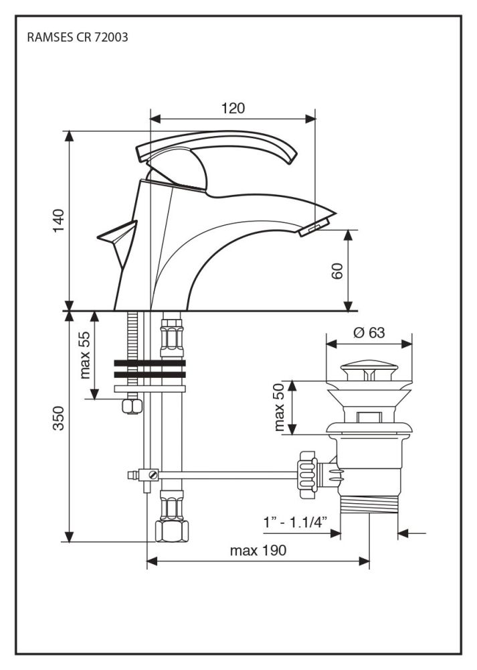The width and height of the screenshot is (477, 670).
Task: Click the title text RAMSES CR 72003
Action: click(77, 38)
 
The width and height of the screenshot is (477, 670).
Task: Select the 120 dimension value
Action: click(233, 109)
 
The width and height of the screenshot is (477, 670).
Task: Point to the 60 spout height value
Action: click(337, 270)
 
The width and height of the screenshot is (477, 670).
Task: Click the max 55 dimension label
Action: click(85, 355)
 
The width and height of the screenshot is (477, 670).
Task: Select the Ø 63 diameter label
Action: click(369, 333)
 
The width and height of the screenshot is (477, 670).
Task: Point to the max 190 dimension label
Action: click(258, 551)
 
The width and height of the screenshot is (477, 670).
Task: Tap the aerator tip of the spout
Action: click(314, 228)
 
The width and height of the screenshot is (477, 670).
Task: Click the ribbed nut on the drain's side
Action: click(307, 471)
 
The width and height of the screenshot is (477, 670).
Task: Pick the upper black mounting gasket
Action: click(149, 364)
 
